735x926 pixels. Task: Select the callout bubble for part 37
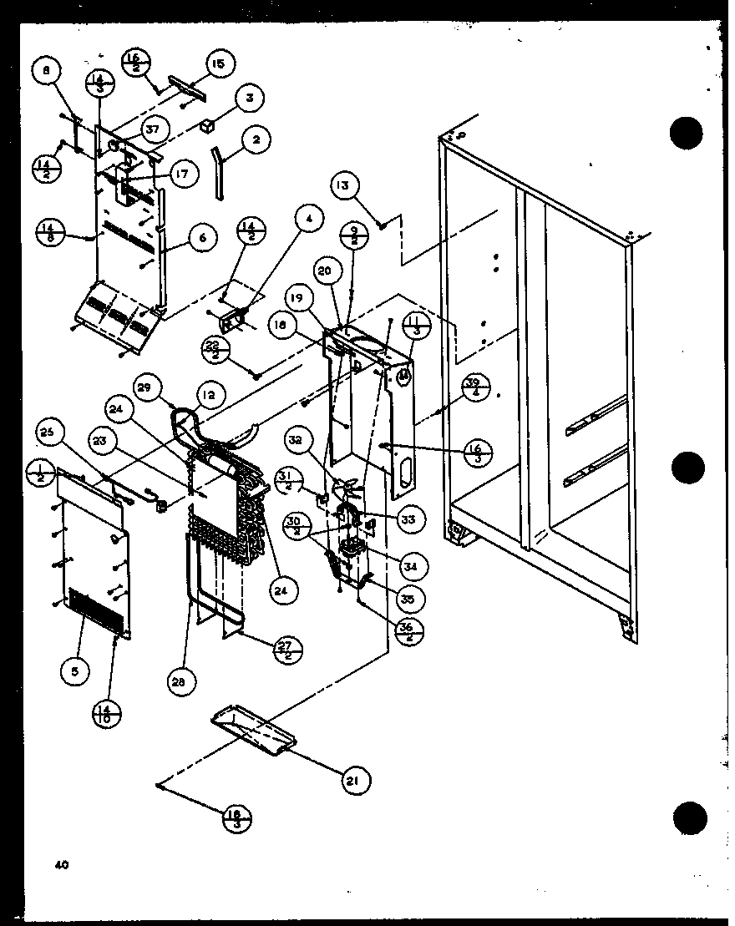154,129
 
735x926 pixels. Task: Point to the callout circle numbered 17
182,175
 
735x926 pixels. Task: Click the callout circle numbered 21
354,780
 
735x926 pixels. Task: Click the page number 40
62,865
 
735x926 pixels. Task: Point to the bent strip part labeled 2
219,172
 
